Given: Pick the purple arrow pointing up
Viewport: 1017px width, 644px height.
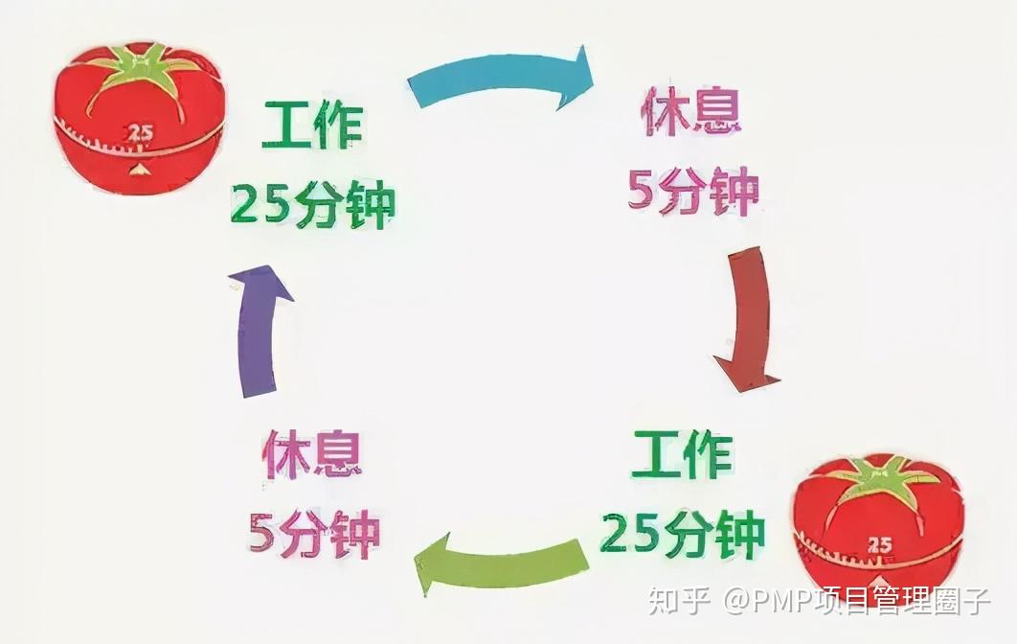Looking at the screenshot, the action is (x=259, y=326).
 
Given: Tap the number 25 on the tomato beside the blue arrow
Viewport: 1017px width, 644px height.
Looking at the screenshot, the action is (x=141, y=134).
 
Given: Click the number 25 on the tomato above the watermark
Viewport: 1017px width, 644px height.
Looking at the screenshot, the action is (x=879, y=544).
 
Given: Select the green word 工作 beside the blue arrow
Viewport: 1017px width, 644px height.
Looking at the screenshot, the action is (x=312, y=127).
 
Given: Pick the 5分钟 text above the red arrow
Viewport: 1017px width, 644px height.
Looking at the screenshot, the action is (x=693, y=190).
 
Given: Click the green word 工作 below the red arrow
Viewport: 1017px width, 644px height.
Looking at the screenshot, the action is (x=681, y=456).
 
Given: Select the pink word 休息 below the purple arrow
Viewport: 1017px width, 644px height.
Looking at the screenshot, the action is (x=313, y=457).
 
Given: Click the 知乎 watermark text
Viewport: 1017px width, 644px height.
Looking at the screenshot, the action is (x=678, y=601).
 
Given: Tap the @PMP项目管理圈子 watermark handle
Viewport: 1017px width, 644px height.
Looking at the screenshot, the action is (x=857, y=601).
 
